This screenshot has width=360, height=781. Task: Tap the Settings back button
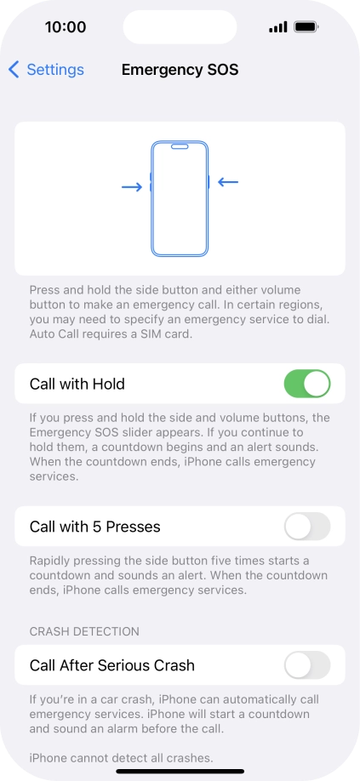47,70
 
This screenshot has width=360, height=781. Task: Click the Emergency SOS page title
180,70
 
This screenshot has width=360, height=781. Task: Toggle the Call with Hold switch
306,384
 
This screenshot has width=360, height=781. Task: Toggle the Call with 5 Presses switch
306,527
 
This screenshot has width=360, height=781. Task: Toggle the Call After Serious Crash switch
306,665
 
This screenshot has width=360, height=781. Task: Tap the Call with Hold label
77,384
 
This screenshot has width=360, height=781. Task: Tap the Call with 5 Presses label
94,527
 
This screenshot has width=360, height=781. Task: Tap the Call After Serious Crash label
111,665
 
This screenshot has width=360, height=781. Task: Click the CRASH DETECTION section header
83,631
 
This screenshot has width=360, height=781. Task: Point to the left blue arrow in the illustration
132,186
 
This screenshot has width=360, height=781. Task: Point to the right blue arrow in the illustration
228,181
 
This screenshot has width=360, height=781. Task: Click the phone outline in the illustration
180,198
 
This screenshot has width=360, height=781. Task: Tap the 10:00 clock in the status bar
66,27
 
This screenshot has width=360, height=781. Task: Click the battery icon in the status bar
306,27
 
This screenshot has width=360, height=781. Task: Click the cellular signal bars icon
277,27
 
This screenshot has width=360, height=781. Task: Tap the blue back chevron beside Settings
14,70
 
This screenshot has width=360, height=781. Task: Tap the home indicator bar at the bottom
180,772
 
